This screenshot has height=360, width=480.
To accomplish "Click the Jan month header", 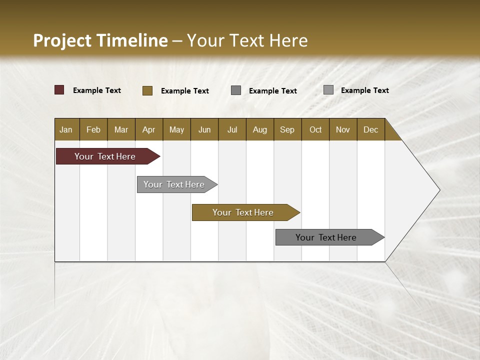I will click(x=66, y=129).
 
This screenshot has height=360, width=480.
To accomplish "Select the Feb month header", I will click(x=93, y=129).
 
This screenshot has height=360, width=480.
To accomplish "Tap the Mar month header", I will click(x=121, y=129).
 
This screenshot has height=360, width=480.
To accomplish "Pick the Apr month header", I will click(x=149, y=129).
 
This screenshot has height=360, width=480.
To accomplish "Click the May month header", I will click(x=176, y=129).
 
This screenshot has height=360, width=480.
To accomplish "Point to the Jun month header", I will click(x=204, y=129).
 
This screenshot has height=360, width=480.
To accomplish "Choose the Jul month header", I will click(x=232, y=129).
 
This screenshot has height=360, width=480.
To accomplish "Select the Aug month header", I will click(x=260, y=129).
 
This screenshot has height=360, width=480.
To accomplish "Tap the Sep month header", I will click(x=287, y=129).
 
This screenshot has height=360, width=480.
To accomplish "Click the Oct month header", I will click(x=315, y=129).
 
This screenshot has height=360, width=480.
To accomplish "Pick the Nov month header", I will click(x=343, y=129).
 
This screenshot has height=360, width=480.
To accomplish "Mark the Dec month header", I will click(x=371, y=129).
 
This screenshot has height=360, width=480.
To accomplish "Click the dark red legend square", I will click(x=59, y=90).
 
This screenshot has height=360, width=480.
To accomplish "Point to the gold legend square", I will click(x=147, y=90).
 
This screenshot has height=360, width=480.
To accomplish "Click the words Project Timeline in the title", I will click(x=100, y=40).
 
